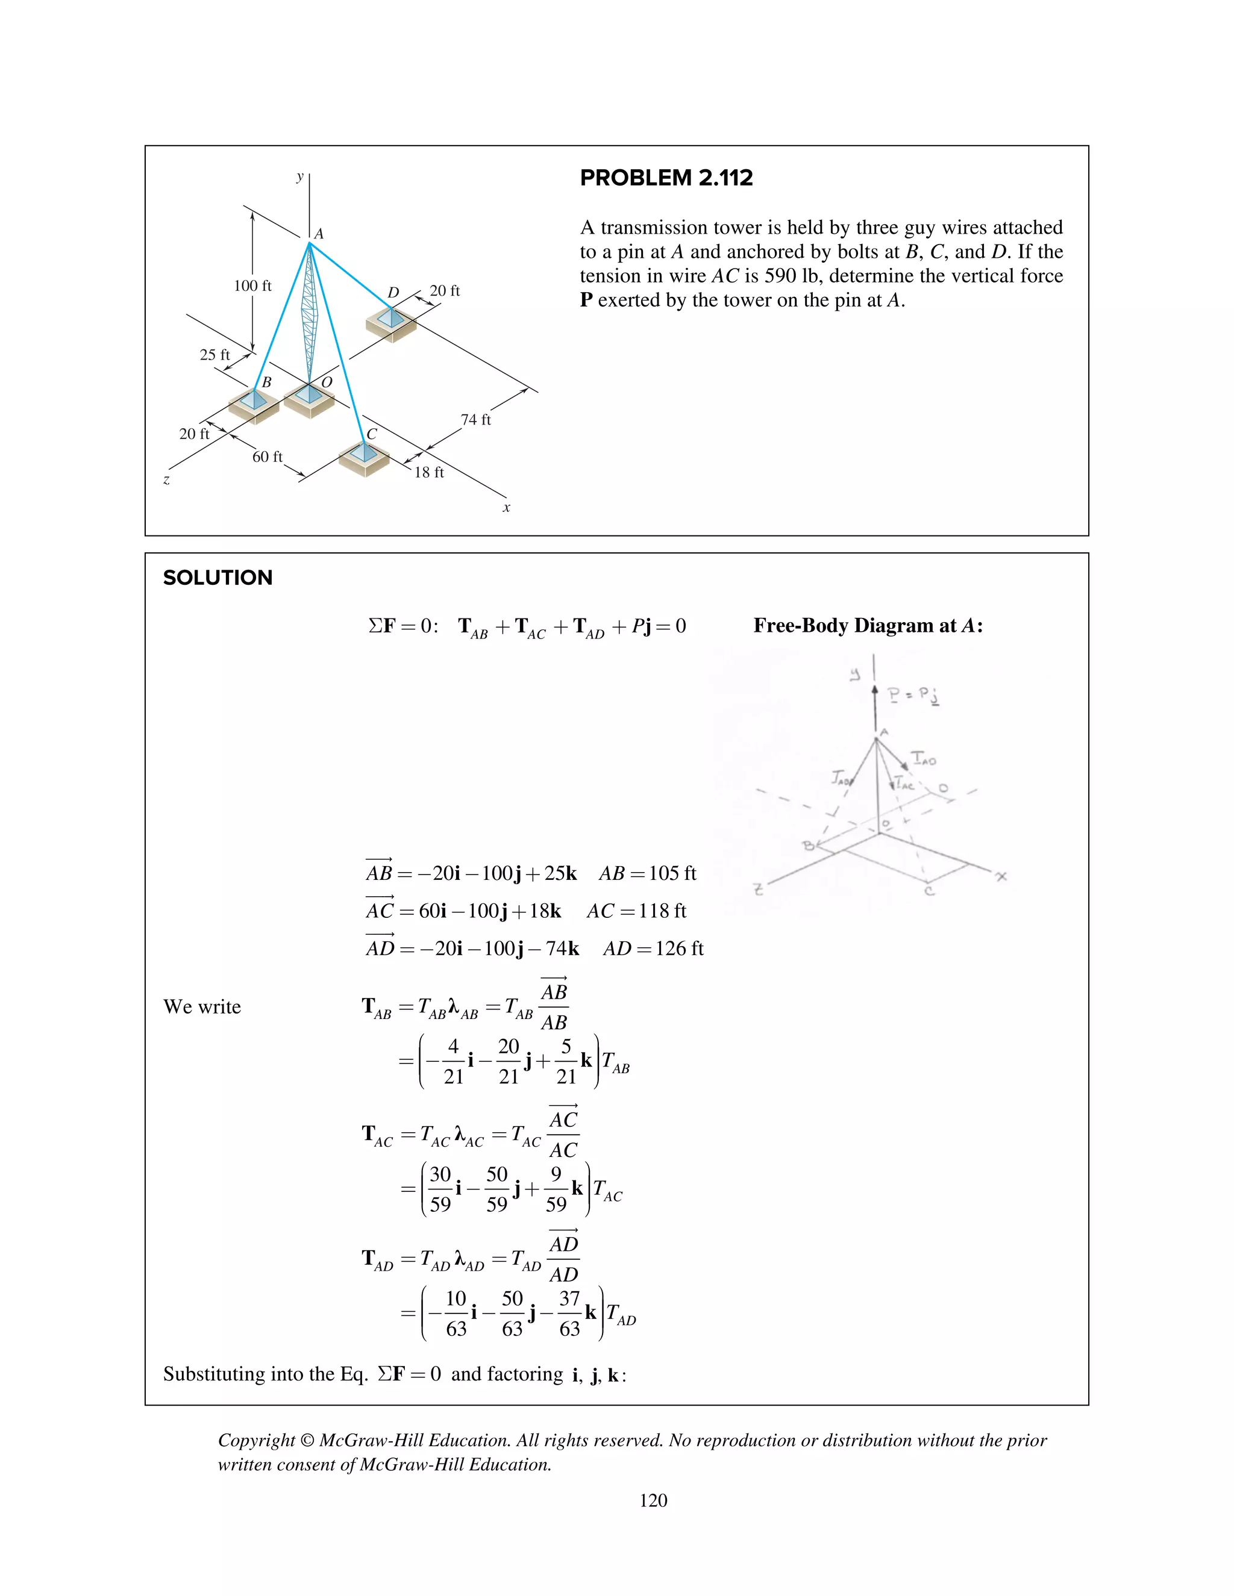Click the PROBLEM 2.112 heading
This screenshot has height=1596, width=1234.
coord(666,178)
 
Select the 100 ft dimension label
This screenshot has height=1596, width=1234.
coord(252,285)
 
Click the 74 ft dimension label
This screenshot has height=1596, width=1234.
coord(476,419)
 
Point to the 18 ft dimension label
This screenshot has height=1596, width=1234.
coord(429,473)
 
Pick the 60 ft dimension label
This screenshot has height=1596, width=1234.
coord(267,457)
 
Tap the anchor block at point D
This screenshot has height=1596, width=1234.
coord(391,323)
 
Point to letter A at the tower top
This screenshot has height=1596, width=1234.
coord(319,234)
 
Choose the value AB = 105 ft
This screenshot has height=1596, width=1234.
coord(647,873)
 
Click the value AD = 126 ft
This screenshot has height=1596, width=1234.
coord(653,949)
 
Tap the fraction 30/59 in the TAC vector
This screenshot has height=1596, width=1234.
coord(439,1189)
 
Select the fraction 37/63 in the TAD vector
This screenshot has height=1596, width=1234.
coord(569,1313)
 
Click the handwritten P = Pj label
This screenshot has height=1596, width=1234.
coord(912,695)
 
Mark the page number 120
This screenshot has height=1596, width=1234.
coord(653,1500)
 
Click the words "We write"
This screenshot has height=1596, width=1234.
coord(202,1007)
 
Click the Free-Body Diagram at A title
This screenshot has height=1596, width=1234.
coord(868,626)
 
